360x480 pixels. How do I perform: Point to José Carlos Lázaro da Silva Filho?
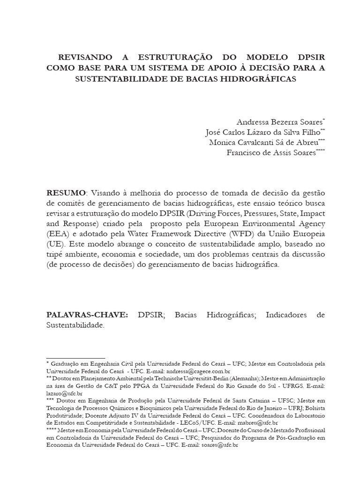pyautogui.click(x=262, y=132)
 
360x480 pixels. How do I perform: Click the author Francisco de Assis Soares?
pyautogui.click(x=270, y=153)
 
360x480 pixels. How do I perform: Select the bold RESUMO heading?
pyautogui.click(x=66, y=193)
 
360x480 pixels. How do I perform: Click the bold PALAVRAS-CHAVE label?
pyautogui.click(x=87, y=315)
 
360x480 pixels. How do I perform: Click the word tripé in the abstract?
pyautogui.click(x=57, y=254)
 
